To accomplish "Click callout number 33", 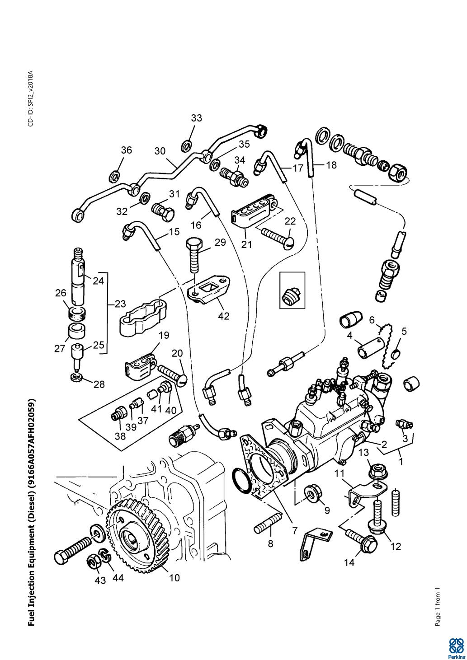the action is (196, 118).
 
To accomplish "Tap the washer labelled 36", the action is (115, 176).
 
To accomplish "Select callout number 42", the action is (223, 316).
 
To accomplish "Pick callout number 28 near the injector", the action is (99, 384).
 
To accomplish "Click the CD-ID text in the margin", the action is (31, 98).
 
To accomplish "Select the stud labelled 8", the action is (268, 525).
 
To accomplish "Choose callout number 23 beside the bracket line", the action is (120, 304).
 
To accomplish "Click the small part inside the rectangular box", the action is (292, 297).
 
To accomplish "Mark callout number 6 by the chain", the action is (372, 320).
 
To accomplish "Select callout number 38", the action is (120, 436).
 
